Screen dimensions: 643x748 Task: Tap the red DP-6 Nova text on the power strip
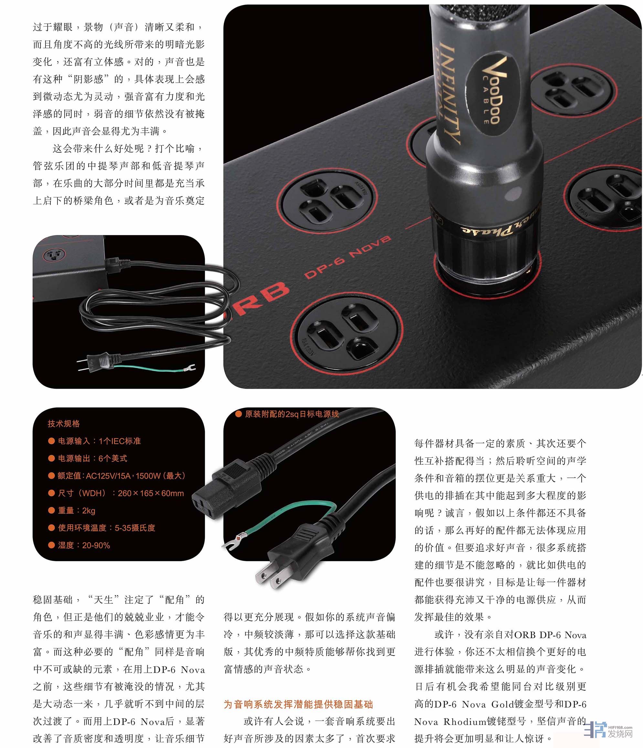[x=347, y=257]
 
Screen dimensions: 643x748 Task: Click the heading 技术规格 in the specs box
[x=64, y=424]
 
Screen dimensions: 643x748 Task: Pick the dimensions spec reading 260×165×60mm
[x=151, y=493]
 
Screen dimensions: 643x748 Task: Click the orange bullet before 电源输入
[x=51, y=441]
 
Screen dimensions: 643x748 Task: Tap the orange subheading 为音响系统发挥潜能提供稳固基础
[x=298, y=704]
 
